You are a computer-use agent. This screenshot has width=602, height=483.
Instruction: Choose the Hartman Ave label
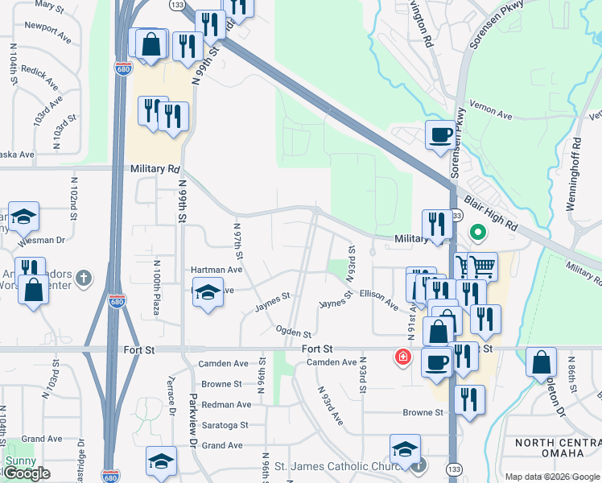[216, 270]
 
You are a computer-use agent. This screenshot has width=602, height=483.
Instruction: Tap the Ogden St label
[293, 332]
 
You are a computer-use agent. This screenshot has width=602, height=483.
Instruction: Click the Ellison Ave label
[379, 300]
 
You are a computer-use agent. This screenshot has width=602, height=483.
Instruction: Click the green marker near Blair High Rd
[477, 234]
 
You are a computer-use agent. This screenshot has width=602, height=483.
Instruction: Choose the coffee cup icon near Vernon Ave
[440, 134]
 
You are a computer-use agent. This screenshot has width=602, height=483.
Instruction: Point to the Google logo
[26, 473]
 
